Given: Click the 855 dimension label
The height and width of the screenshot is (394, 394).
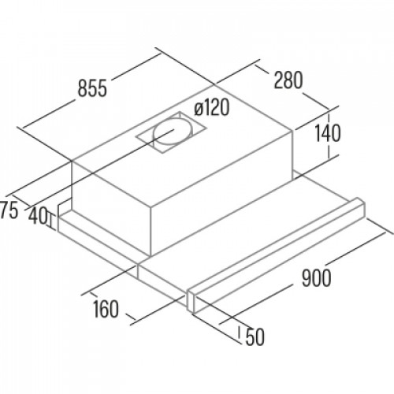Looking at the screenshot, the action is [x=92, y=88].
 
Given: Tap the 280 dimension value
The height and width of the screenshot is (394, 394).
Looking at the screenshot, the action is [x=288, y=80].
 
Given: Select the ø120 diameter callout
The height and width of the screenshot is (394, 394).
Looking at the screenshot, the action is [x=212, y=108].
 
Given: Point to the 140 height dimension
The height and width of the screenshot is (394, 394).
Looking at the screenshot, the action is [x=328, y=133].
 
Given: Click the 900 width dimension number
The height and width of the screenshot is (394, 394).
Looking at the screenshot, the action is [x=316, y=277].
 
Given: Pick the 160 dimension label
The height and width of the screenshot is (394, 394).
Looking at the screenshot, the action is [x=106, y=309].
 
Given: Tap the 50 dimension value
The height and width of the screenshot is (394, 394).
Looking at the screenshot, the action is [x=255, y=337].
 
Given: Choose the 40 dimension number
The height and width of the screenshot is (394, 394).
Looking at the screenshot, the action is [x=38, y=215].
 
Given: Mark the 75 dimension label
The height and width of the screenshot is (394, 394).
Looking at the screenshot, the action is [x=9, y=210].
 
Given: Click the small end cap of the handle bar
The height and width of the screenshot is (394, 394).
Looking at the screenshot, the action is [x=191, y=301].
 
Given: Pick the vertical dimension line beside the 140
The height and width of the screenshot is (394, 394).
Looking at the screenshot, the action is [x=329, y=136].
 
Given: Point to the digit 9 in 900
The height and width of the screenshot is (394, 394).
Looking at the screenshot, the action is [x=307, y=277].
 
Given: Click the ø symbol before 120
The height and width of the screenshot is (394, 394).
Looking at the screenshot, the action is [x=199, y=110].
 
